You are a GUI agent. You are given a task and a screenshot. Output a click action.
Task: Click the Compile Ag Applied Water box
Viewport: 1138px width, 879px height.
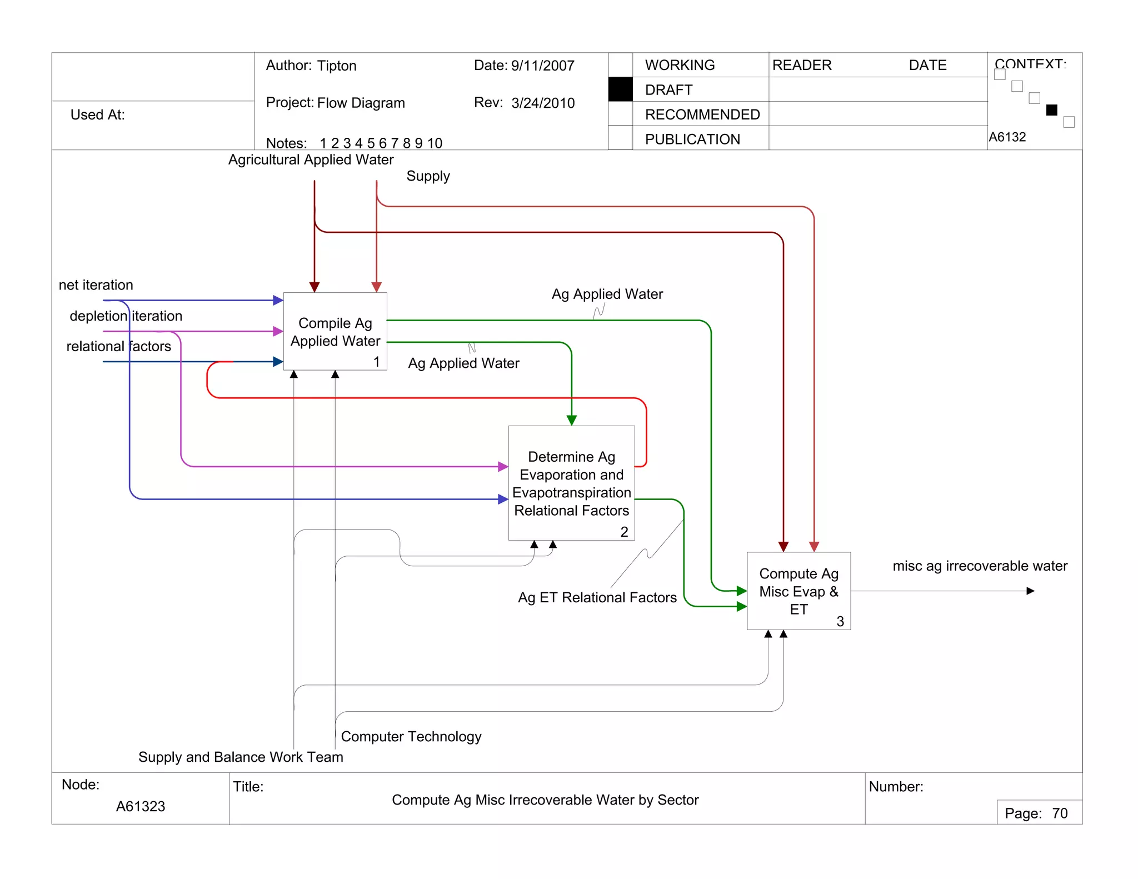(335, 332)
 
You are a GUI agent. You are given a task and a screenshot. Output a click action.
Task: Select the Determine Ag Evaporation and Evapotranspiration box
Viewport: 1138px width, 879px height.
(571, 483)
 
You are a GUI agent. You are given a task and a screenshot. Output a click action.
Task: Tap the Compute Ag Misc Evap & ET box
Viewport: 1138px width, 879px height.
(798, 591)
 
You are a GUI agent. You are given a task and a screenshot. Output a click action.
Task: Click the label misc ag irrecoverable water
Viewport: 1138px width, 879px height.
(980, 566)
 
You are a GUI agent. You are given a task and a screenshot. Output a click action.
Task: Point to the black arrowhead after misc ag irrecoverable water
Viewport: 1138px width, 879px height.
(1030, 591)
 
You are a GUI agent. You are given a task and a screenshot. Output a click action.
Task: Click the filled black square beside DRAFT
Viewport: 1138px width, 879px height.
(620, 89)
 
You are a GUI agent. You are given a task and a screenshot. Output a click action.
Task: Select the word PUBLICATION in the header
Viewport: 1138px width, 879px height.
(692, 139)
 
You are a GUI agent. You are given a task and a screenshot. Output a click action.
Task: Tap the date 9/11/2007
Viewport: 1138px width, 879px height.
(542, 66)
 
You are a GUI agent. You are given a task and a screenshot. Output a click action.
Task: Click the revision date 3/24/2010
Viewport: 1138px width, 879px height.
(543, 103)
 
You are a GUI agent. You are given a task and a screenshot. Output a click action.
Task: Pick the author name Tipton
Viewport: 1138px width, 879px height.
(337, 66)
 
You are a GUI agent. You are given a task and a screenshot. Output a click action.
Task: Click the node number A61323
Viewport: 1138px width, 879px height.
(141, 806)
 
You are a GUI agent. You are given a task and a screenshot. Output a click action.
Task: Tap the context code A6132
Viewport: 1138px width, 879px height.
(1007, 137)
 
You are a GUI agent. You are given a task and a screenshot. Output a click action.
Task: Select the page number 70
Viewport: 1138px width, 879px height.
(1060, 813)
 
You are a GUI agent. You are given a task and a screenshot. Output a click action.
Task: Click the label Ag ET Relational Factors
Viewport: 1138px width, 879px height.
(597, 597)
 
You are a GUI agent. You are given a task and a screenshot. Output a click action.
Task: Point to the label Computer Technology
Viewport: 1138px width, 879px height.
(411, 736)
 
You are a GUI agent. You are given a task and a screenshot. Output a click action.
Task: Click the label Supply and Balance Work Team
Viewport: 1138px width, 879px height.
(241, 757)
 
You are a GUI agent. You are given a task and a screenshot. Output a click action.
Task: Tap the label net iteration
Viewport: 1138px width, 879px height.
(96, 285)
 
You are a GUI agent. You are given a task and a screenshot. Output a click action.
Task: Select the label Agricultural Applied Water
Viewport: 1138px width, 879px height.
(311, 159)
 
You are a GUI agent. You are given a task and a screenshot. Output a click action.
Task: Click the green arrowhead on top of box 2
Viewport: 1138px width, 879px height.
(571, 421)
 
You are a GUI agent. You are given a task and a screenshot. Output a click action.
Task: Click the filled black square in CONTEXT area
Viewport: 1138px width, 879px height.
(1051, 110)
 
